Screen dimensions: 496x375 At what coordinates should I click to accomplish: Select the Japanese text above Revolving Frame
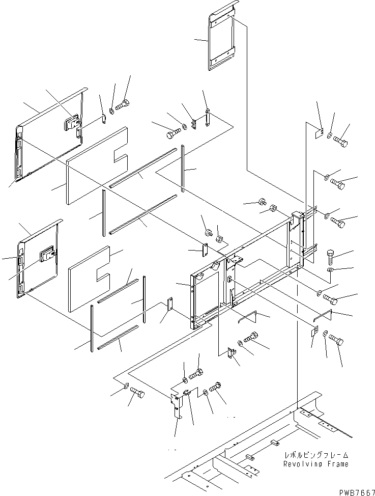[316, 455]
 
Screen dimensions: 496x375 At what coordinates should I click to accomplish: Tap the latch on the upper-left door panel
[71, 122]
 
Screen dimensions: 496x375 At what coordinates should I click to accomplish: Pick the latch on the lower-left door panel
[48, 253]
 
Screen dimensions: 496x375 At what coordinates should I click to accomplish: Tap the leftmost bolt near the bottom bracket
[137, 393]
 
